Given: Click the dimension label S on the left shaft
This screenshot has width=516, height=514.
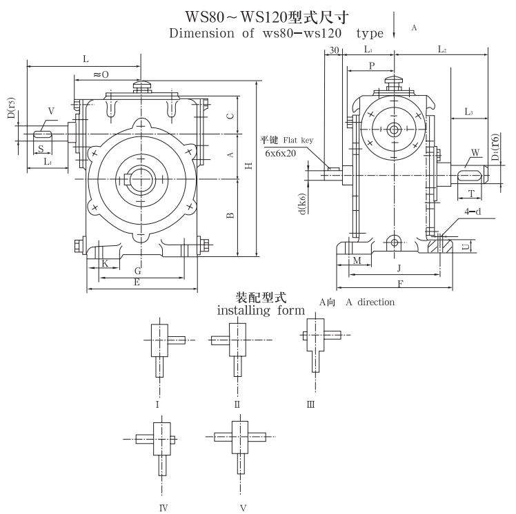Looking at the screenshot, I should pos(41,148).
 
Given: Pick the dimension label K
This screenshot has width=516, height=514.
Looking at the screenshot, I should pos(105,264).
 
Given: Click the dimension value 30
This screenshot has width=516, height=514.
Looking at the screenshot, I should pos(334,51).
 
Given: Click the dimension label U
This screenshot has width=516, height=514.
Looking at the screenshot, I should pos(466,245).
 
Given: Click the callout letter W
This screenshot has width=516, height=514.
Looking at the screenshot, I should pos(475,152).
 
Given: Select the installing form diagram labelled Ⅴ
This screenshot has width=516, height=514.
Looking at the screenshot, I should pos(241,444).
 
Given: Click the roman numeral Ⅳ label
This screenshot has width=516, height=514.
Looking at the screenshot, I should pos(163,508).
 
